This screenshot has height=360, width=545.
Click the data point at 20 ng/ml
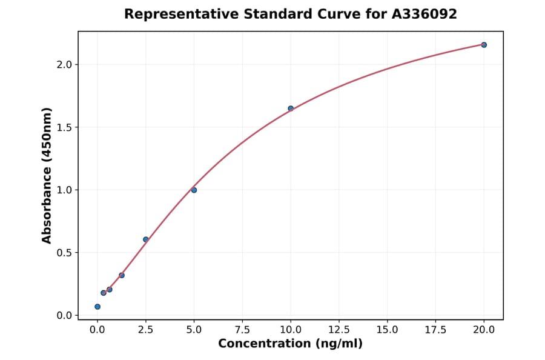pyautogui.click(x=484, y=45)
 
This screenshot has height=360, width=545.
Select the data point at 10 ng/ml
pyautogui.click(x=291, y=108)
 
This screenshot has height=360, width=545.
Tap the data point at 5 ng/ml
pyautogui.click(x=194, y=190)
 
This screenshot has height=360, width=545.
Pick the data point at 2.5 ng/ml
pyautogui.click(x=145, y=239)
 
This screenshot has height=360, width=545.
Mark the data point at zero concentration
pyautogui.click(x=97, y=307)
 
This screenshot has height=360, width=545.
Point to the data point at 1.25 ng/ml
pyautogui.click(x=122, y=275)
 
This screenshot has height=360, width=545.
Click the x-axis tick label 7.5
pyautogui.click(x=242, y=330)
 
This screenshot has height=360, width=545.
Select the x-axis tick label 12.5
pyautogui.click(x=339, y=330)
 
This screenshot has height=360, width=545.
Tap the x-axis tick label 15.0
pyautogui.click(x=387, y=330)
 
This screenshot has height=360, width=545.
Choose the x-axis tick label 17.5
pyautogui.click(x=435, y=330)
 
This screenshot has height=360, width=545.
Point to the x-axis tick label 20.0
pyautogui.click(x=484, y=330)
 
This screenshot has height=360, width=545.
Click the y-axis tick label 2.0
pyautogui.click(x=65, y=65)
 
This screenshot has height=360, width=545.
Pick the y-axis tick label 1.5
pyautogui.click(x=65, y=127)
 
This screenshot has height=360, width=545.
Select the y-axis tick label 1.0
pyautogui.click(x=65, y=190)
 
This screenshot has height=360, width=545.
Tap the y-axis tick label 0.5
pyautogui.click(x=65, y=253)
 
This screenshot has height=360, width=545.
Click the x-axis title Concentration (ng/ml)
pyautogui.click(x=290, y=344)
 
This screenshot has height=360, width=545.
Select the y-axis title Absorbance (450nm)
pyautogui.click(x=47, y=176)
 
